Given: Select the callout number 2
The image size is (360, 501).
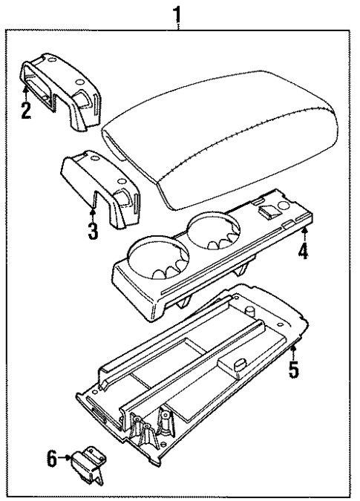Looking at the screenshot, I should (26, 113).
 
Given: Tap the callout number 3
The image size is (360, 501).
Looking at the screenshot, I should (92, 231).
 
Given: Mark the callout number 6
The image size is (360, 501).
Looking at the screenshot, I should (53, 459).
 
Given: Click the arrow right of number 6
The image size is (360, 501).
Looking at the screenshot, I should (67, 459).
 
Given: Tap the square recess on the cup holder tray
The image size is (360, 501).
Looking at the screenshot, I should (266, 211).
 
